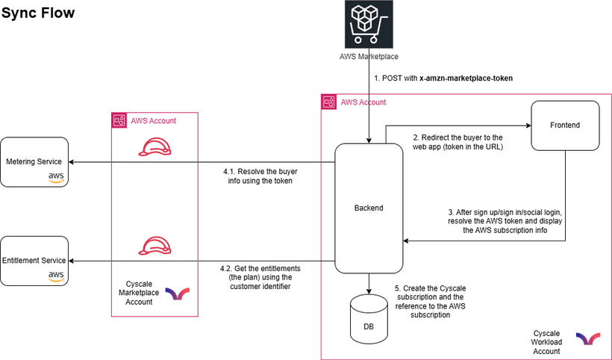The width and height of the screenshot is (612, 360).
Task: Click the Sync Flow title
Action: point(38,13)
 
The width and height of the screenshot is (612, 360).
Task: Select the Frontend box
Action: point(565,125)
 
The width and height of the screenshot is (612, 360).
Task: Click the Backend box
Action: point(369,208)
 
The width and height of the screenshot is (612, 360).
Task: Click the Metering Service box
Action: point(34,162)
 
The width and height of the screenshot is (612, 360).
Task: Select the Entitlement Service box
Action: point(34,261)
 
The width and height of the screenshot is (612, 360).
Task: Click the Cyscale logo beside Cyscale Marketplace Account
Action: point(177,294)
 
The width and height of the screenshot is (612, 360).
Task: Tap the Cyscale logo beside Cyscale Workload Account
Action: point(587,339)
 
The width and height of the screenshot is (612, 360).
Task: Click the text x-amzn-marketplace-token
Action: point(466,78)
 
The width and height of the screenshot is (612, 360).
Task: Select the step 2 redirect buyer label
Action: point(458,142)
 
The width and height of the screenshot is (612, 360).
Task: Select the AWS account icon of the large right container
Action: point(328,102)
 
